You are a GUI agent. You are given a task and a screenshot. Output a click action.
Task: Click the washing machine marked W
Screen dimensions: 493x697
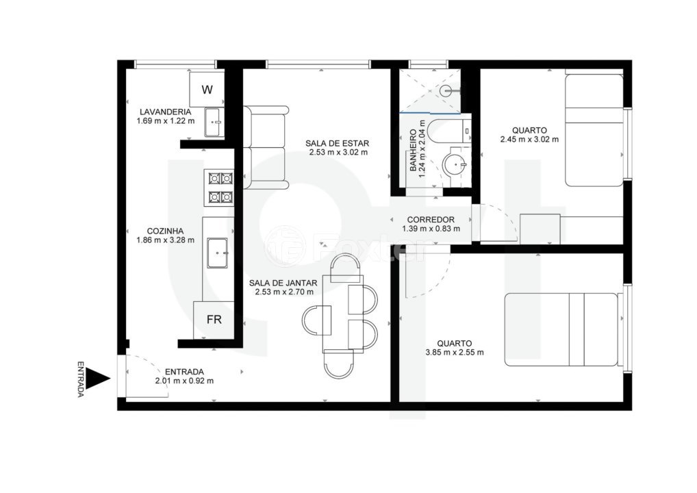coord(207,89)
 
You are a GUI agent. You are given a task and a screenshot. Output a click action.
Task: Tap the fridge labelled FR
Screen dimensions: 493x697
coord(214,320)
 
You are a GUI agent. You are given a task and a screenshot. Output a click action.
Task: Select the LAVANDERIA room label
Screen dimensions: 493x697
coord(165,112)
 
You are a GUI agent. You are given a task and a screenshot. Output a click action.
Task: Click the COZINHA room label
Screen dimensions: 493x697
coord(165,231)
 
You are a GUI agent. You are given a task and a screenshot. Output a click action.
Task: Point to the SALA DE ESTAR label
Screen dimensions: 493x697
coord(338,143)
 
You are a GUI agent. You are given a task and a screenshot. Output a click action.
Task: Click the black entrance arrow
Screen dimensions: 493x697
coord(101,379)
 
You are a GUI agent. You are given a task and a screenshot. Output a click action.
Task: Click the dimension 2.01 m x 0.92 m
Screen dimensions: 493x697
coord(184,381)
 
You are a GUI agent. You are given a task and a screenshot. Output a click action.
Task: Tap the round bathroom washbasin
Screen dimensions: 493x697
coord(454,164)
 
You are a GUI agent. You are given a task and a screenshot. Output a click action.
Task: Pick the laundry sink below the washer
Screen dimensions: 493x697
coord(214,123)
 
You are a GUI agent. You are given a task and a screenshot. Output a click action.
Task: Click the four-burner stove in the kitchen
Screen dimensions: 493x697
coord(220,188)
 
